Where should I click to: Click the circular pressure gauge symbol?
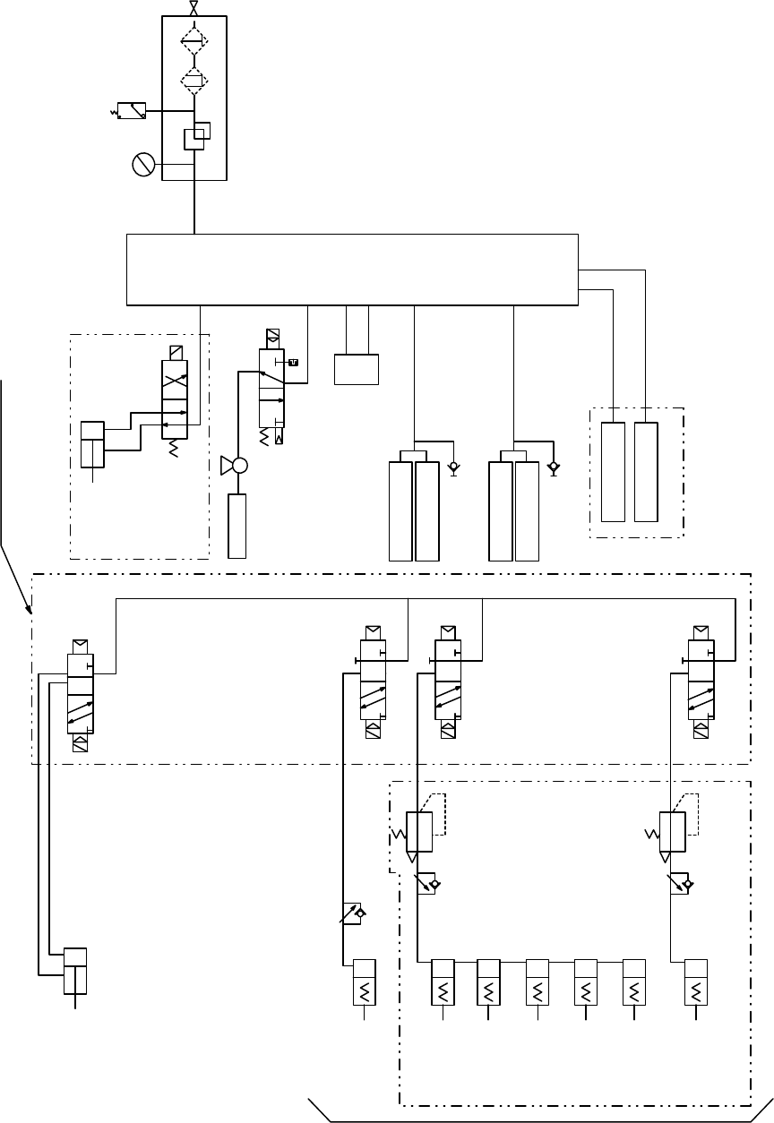[143, 165]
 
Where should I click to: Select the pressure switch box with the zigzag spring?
[132, 111]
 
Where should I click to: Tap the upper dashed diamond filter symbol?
[194, 40]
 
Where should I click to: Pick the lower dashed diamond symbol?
[194, 81]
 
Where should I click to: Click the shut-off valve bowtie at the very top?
[194, 8]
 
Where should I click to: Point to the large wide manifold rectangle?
[352, 270]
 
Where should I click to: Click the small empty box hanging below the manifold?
[356, 370]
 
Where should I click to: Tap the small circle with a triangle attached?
[237, 466]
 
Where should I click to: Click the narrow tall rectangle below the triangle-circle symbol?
[237, 526]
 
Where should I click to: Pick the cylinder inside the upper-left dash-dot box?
[92, 443]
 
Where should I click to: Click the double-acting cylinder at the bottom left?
[75, 971]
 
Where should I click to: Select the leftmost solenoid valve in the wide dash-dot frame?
[80, 690]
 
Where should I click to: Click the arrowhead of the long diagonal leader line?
[33, 614]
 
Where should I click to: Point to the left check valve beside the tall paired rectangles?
[453, 468]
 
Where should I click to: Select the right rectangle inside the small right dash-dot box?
[646, 471]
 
